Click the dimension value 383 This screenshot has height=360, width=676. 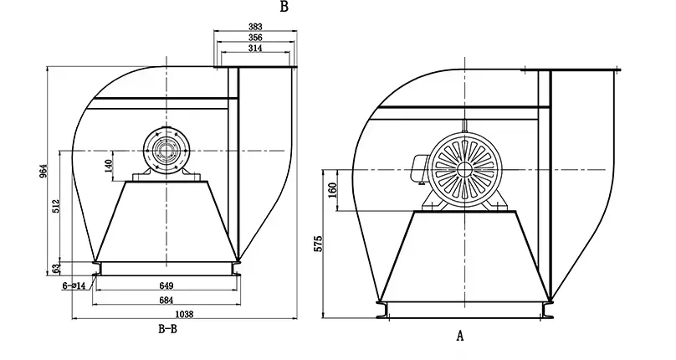pos(257,28)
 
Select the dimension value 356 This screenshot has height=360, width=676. pos(257,39)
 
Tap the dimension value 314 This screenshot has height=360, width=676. pos(257,49)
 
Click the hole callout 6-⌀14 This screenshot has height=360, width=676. pos(74,286)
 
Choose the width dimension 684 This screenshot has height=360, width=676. pos(166,300)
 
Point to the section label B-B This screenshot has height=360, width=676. pos(167,330)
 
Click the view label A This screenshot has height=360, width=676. pos(459,336)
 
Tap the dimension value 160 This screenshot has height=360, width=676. pos(332,188)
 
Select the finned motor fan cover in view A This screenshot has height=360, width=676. pos(463,168)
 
